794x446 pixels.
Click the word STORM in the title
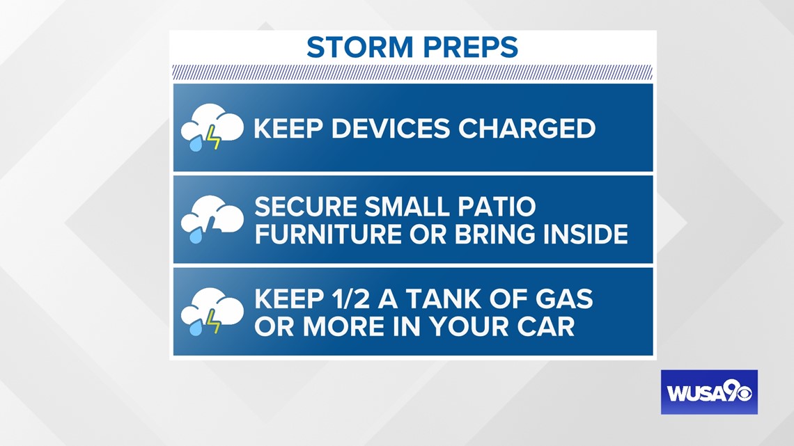[360, 47]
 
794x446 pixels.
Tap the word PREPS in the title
[470, 47]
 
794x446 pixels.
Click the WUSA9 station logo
[709, 392]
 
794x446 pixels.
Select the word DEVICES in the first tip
[391, 129]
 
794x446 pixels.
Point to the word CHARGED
[527, 129]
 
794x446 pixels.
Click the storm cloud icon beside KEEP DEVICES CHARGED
[212, 127]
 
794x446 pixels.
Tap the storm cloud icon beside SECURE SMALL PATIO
[212, 219]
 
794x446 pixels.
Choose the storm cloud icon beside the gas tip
[212, 312]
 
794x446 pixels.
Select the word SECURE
[306, 207]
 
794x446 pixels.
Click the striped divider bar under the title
[413, 72]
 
